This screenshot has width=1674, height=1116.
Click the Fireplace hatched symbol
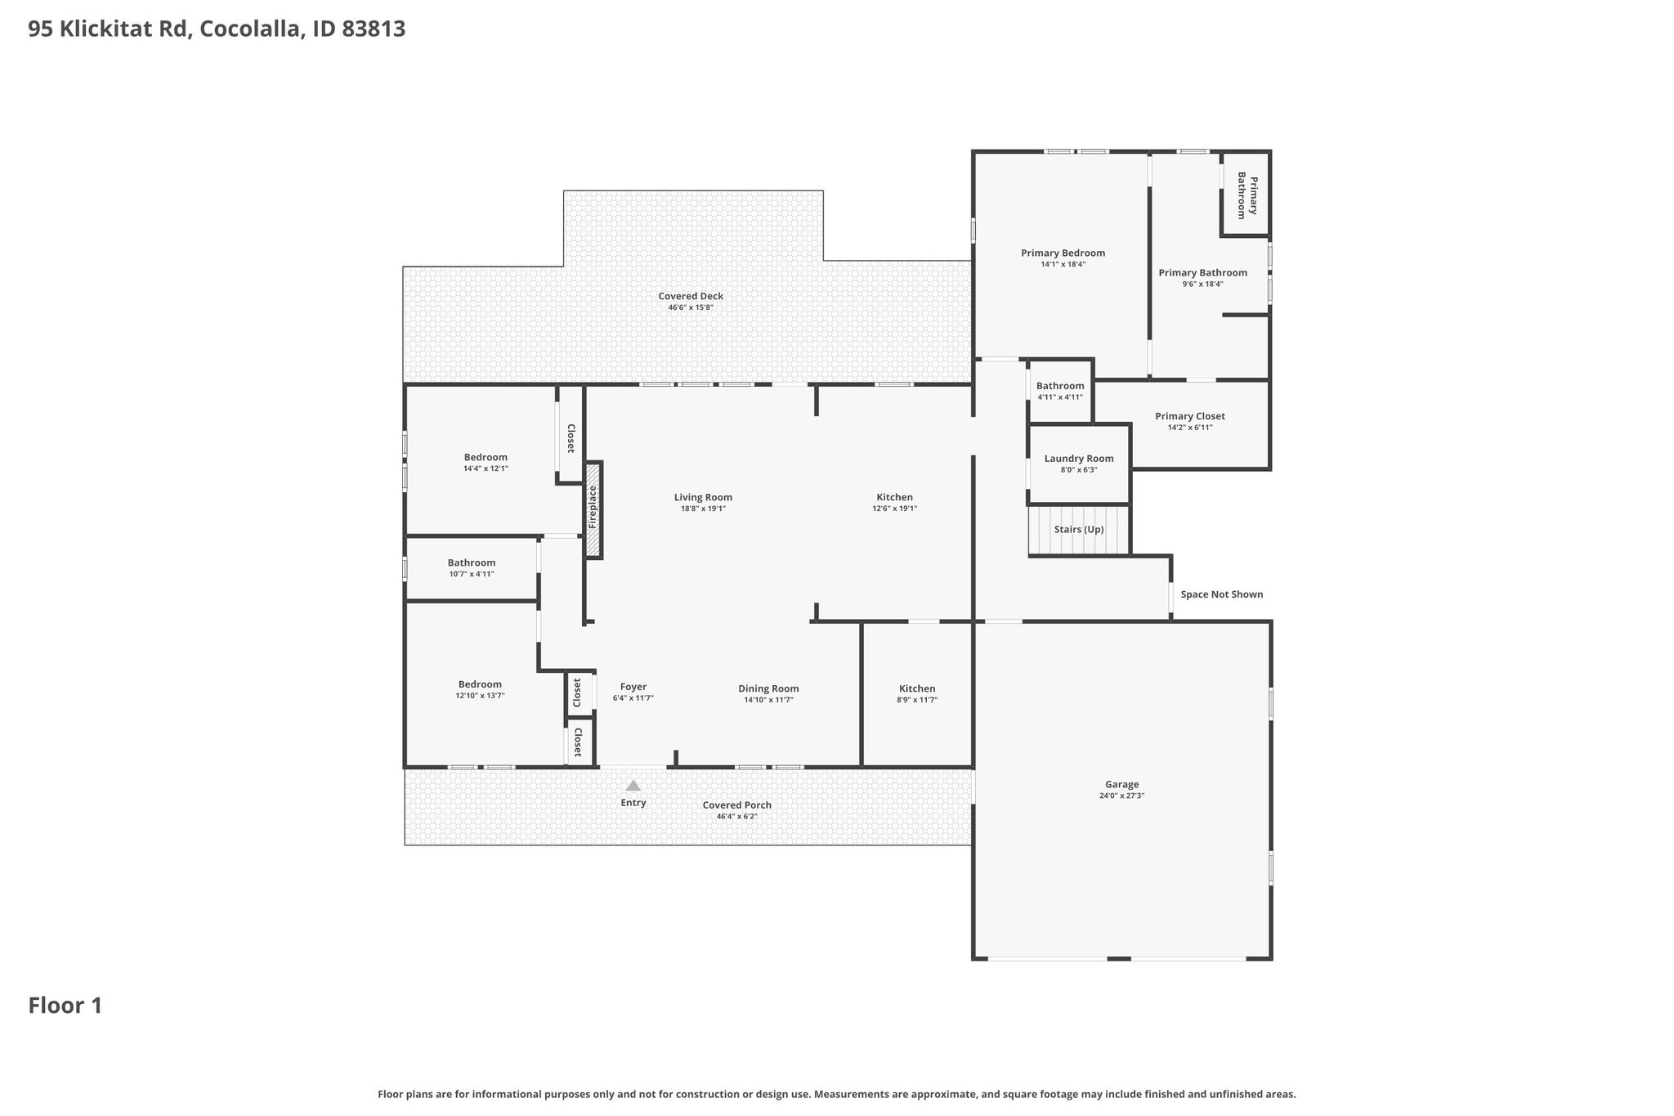pyautogui.click(x=593, y=510)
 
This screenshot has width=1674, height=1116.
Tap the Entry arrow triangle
pyautogui.click(x=633, y=786)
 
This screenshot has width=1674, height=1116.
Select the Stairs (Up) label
pyautogui.click(x=1079, y=530)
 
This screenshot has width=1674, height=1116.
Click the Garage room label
pyautogui.click(x=1121, y=784)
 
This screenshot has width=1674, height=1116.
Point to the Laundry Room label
pyautogui.click(x=1079, y=459)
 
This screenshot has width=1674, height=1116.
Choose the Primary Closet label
pyautogui.click(x=1190, y=416)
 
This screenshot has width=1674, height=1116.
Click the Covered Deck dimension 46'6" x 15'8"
pyautogui.click(x=691, y=307)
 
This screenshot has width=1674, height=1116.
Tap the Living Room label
pyautogui.click(x=703, y=497)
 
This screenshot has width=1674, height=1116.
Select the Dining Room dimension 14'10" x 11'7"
pyautogui.click(x=768, y=700)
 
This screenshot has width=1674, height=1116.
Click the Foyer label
pyautogui.click(x=633, y=687)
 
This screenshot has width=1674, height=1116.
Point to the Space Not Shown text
pyautogui.click(x=1222, y=594)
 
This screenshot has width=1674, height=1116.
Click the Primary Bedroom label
pyautogui.click(x=1063, y=253)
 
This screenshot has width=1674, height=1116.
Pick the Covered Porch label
pyautogui.click(x=737, y=805)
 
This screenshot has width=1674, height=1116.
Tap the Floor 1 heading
pyautogui.click(x=65, y=1006)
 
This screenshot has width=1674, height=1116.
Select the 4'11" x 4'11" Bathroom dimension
pyautogui.click(x=1060, y=397)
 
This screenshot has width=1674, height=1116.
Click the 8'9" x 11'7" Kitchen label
pyautogui.click(x=917, y=688)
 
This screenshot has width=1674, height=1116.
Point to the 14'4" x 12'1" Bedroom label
pyautogui.click(x=486, y=457)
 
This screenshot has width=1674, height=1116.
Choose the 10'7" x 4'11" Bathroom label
pyautogui.click(x=472, y=562)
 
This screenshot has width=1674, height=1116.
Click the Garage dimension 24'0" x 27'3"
pyautogui.click(x=1121, y=796)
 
